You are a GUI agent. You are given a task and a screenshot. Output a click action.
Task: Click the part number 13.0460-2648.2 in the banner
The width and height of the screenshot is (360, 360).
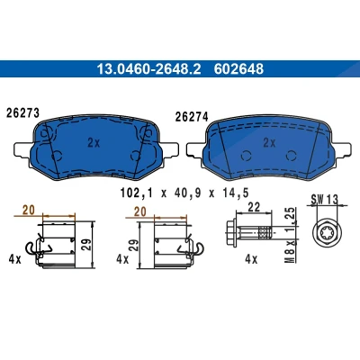point(148,69)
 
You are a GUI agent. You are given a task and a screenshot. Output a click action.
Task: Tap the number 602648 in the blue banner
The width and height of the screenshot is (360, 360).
point(238,69)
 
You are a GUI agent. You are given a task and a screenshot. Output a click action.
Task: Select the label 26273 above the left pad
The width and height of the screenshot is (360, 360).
point(22,113)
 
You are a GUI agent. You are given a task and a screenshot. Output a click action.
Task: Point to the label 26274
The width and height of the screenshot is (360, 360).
point(192,117)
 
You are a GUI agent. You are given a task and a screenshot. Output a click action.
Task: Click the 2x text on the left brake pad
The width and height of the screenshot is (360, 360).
point(94,143)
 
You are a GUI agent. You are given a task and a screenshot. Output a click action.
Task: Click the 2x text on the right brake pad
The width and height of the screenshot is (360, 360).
point(269,143)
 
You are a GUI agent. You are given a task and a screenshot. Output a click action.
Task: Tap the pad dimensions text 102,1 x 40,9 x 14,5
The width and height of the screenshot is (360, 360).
point(184,193)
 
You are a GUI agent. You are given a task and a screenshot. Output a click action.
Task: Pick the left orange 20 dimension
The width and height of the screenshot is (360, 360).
point(29,211)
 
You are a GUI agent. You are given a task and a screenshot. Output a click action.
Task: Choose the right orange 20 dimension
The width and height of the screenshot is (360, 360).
point(140,211)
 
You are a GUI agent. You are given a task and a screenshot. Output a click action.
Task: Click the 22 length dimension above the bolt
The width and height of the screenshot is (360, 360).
point(254,207)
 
